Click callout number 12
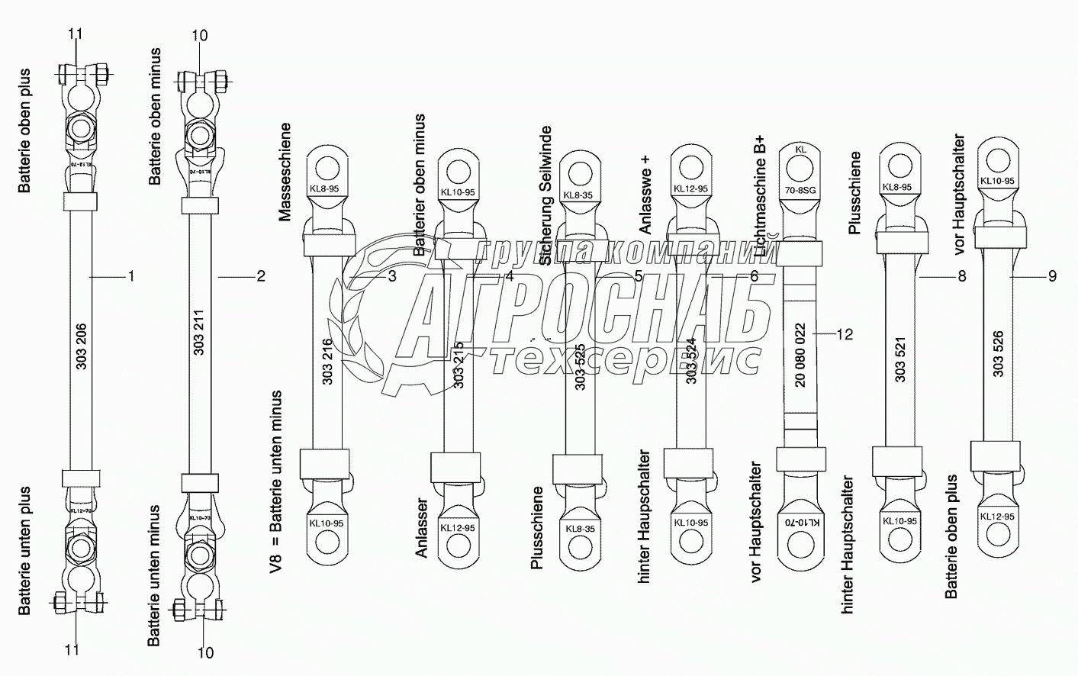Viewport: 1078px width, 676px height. [x=844, y=334]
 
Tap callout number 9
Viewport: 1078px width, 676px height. [x=1052, y=276]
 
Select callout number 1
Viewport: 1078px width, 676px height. [x=130, y=276]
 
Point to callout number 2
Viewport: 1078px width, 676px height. [x=260, y=276]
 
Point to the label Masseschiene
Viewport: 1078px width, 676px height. [x=285, y=172]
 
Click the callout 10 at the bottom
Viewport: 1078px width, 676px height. [x=205, y=652]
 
